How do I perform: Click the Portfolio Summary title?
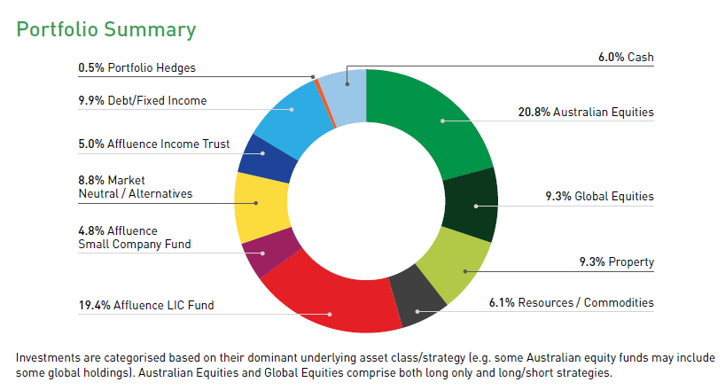click(106, 29)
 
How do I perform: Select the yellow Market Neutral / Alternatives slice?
click(257, 205)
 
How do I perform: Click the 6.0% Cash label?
click(626, 58)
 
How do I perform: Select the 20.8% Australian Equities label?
click(586, 113)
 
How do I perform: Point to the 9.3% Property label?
click(615, 261)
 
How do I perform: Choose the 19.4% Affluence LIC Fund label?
click(146, 306)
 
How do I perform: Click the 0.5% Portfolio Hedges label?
click(137, 67)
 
